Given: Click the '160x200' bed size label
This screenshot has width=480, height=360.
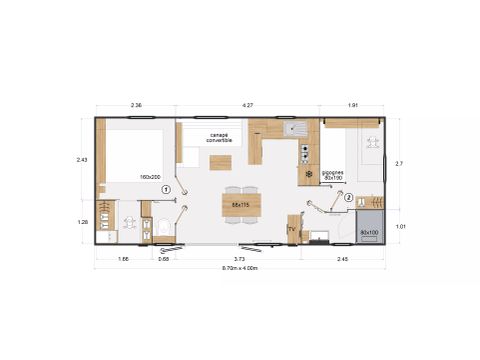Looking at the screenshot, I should click(151, 177).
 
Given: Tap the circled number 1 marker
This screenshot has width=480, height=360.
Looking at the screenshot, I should click(167, 188).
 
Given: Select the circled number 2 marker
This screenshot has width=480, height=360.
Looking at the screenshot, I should click(349, 198).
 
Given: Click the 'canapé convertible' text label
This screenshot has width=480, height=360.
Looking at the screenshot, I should click(219, 137).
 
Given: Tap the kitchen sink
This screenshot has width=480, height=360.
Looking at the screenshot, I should click(297, 128).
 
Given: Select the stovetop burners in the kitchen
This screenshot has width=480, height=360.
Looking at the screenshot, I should click(305, 153).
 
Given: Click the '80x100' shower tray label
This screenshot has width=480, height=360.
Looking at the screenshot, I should click(369, 232).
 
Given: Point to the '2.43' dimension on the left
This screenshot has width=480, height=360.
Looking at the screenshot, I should click(83, 159).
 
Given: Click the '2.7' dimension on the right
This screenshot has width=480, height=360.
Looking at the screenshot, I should click(400, 163).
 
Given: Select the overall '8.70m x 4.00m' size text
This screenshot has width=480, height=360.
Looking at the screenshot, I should click(240, 268).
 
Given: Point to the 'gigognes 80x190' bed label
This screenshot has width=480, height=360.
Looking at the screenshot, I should click(333, 175).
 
